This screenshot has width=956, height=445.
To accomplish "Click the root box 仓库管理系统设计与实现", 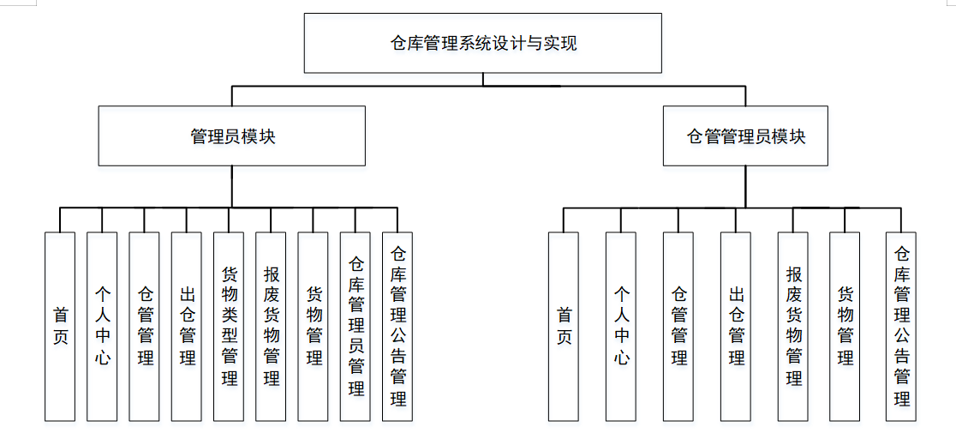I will (483, 43).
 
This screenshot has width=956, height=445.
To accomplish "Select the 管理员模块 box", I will (232, 135).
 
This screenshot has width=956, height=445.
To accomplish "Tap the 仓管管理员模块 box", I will (745, 135).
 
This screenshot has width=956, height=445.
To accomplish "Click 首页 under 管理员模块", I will (60, 326).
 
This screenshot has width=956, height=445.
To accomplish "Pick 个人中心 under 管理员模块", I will (102, 326).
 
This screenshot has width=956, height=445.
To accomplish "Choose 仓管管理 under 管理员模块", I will (145, 326).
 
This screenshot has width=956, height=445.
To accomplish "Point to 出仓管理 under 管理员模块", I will (187, 326).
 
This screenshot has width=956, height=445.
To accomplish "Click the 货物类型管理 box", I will (229, 326).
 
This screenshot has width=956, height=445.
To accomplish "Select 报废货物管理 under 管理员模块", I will (271, 326).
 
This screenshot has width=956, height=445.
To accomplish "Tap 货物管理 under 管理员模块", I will (314, 326).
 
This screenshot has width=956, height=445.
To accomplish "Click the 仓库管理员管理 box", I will (356, 326).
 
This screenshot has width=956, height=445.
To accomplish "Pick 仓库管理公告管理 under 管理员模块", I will (397, 326).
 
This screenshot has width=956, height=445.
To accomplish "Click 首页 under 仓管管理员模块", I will (564, 326).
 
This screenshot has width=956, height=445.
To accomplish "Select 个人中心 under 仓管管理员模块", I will (621, 326).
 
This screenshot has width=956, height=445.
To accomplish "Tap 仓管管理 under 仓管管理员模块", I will (678, 326).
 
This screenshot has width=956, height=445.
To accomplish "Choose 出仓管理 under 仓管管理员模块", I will (736, 326).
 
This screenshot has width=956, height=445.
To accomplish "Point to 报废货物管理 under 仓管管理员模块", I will (793, 326).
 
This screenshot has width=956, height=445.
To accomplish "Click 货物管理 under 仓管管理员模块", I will (845, 326).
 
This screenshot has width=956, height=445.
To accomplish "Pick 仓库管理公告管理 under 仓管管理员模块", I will (901, 326).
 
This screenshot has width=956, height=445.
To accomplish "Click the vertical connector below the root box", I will (483, 80).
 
